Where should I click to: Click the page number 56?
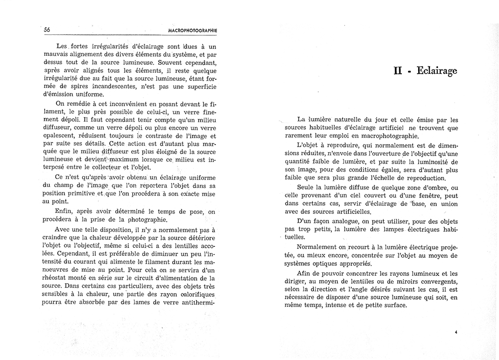click(x=47, y=29)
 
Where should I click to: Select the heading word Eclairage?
click(x=435, y=71)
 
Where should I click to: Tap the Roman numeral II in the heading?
click(x=398, y=71)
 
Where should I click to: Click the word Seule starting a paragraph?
click(x=306, y=187)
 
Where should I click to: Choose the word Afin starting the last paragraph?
click(x=305, y=273)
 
